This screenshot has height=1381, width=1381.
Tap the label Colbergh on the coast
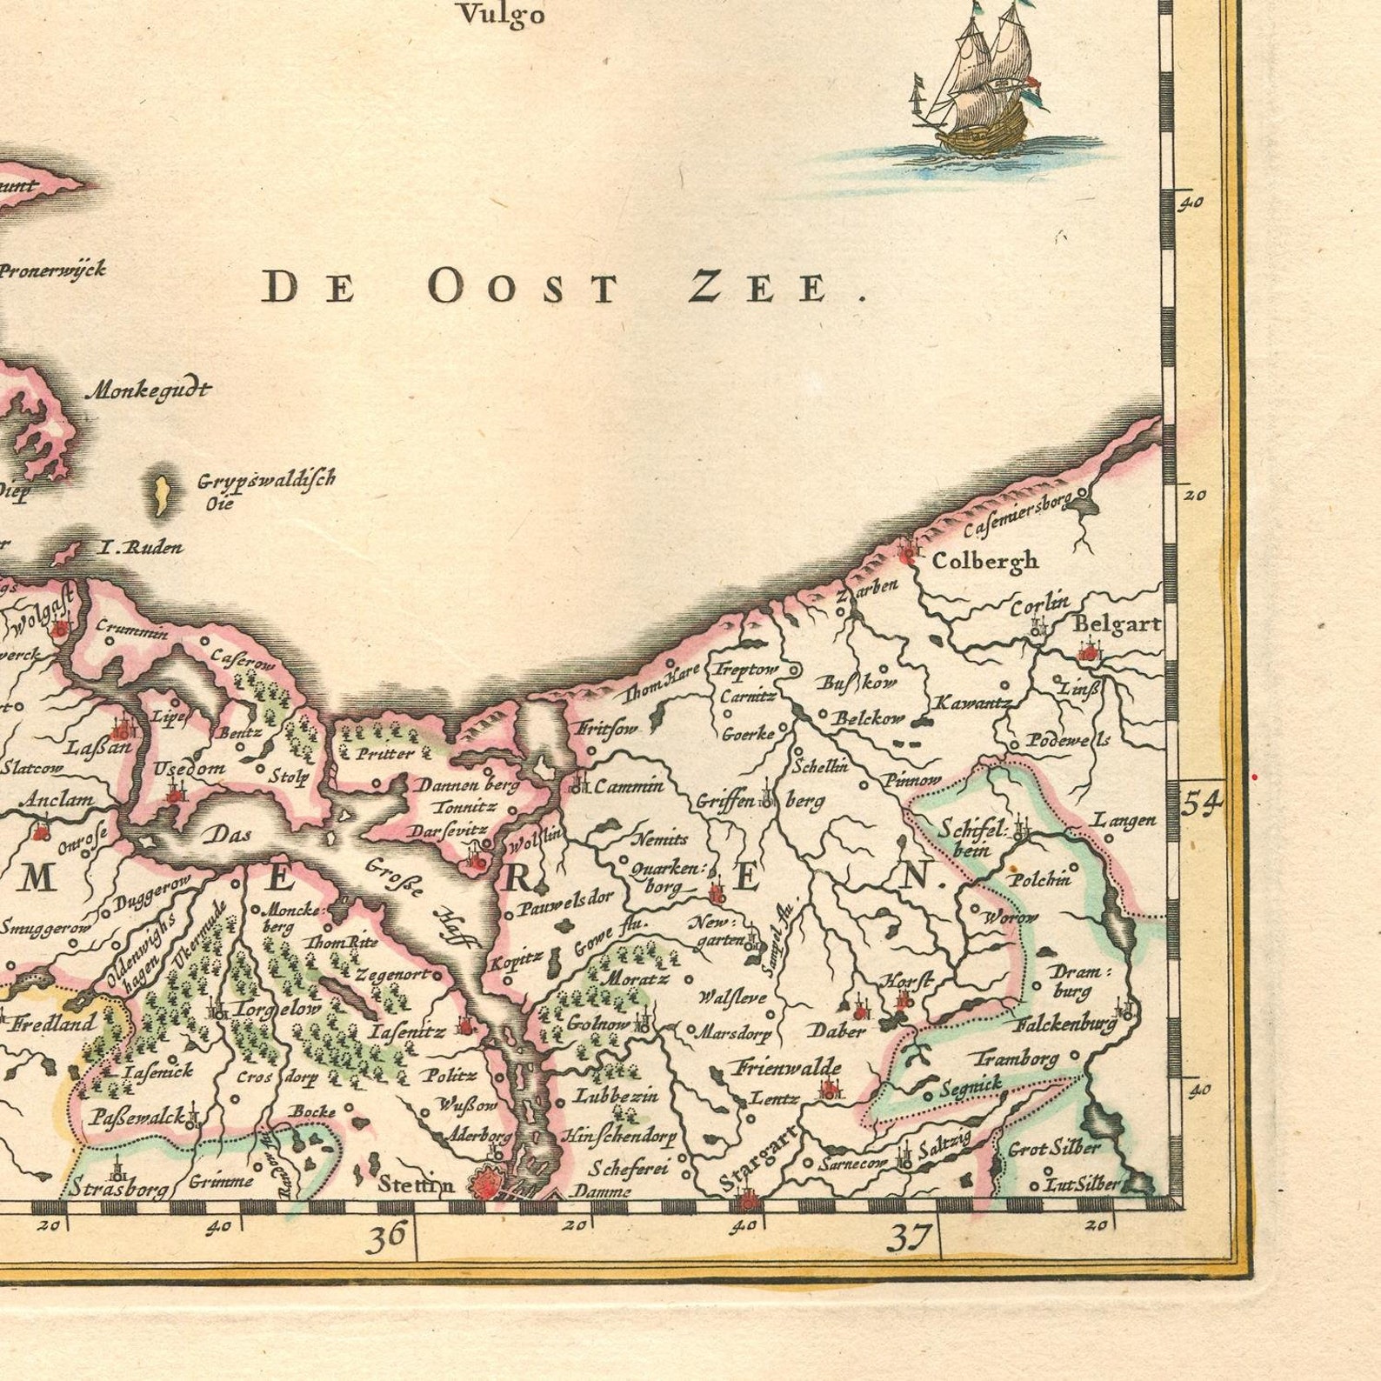tap(984, 561)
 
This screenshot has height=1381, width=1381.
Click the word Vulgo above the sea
tap(502, 15)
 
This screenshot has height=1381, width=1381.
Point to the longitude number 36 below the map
tap(386, 1236)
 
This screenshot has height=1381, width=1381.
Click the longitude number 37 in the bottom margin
tap(910, 1236)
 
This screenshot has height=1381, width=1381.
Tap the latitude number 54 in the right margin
tap(1202, 803)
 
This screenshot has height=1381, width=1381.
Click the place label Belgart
tap(1117, 624)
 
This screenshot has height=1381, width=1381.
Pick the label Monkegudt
tap(148, 390)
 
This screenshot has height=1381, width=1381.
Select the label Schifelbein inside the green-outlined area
tap(971, 838)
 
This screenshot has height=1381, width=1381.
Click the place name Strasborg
tap(117, 1187)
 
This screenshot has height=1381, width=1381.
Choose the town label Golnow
tap(597, 1024)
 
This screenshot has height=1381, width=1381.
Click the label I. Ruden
tap(141, 548)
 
